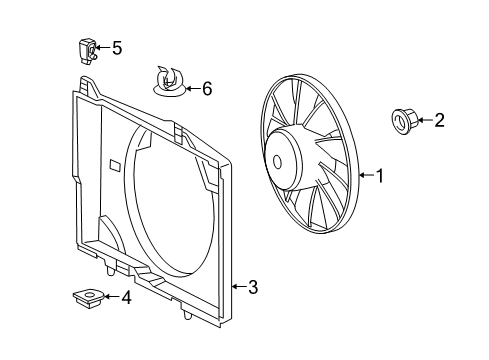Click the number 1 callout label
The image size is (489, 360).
[x=379, y=177]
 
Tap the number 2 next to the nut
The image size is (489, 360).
[x=439, y=121]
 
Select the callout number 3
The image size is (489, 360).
[x=253, y=288]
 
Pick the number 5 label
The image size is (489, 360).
[x=117, y=47]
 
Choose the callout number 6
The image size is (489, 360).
[x=207, y=89]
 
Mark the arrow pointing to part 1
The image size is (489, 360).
[x=365, y=177]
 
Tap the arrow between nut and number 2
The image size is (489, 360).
[x=424, y=121]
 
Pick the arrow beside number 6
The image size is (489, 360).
[x=192, y=89]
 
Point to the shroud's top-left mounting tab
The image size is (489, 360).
[x=90, y=83]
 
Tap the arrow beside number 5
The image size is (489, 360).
[x=103, y=47]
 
